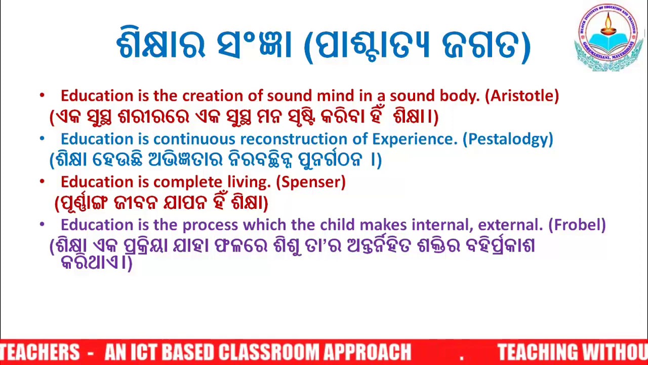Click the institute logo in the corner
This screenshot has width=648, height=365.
[610, 38]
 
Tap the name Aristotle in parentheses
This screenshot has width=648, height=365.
[522, 96]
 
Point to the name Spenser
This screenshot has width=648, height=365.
[311, 182]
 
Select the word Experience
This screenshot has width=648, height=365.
[414, 139]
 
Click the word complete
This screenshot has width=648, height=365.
[188, 182]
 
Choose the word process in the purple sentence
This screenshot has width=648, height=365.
[210, 225]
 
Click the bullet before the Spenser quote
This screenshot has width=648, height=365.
[42, 181]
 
